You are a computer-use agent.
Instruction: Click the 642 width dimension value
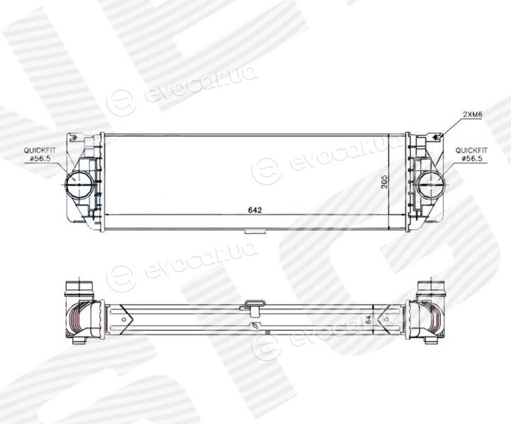pos(255,210)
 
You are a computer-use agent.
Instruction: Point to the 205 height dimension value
pos(385,182)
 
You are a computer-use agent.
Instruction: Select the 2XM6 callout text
pos(473,114)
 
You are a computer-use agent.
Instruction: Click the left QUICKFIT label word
pos(40,151)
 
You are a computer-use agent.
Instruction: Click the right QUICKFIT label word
pos(471,151)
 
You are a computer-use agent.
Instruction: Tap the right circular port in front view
pos(431,184)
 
